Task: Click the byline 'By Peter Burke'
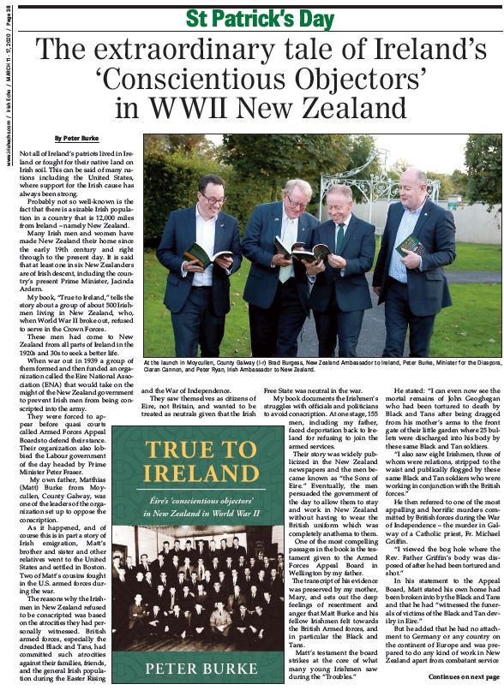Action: click(x=75, y=138)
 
